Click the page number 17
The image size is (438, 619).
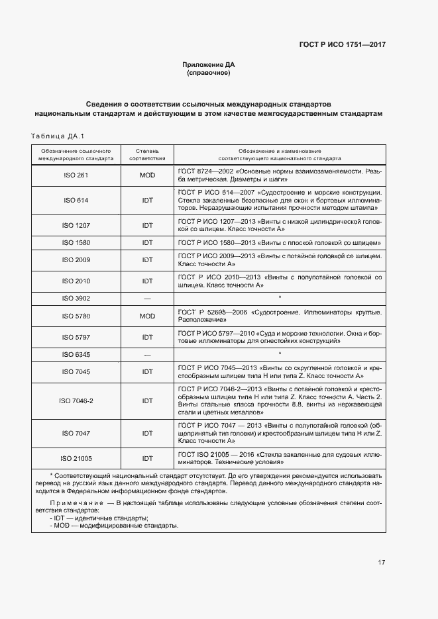[382, 563]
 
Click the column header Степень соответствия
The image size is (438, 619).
[146, 155]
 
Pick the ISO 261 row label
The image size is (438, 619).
[76, 175]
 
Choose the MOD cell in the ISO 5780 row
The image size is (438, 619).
[146, 316]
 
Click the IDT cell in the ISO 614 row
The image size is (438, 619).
[146, 200]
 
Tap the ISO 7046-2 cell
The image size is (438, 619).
[76, 401]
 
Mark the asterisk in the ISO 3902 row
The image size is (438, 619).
[280, 299]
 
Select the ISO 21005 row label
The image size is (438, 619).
[76, 458]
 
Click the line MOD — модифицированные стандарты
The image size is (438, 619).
[113, 526]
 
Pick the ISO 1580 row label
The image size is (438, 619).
[76, 243]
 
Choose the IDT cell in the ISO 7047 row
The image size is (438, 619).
[146, 433]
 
